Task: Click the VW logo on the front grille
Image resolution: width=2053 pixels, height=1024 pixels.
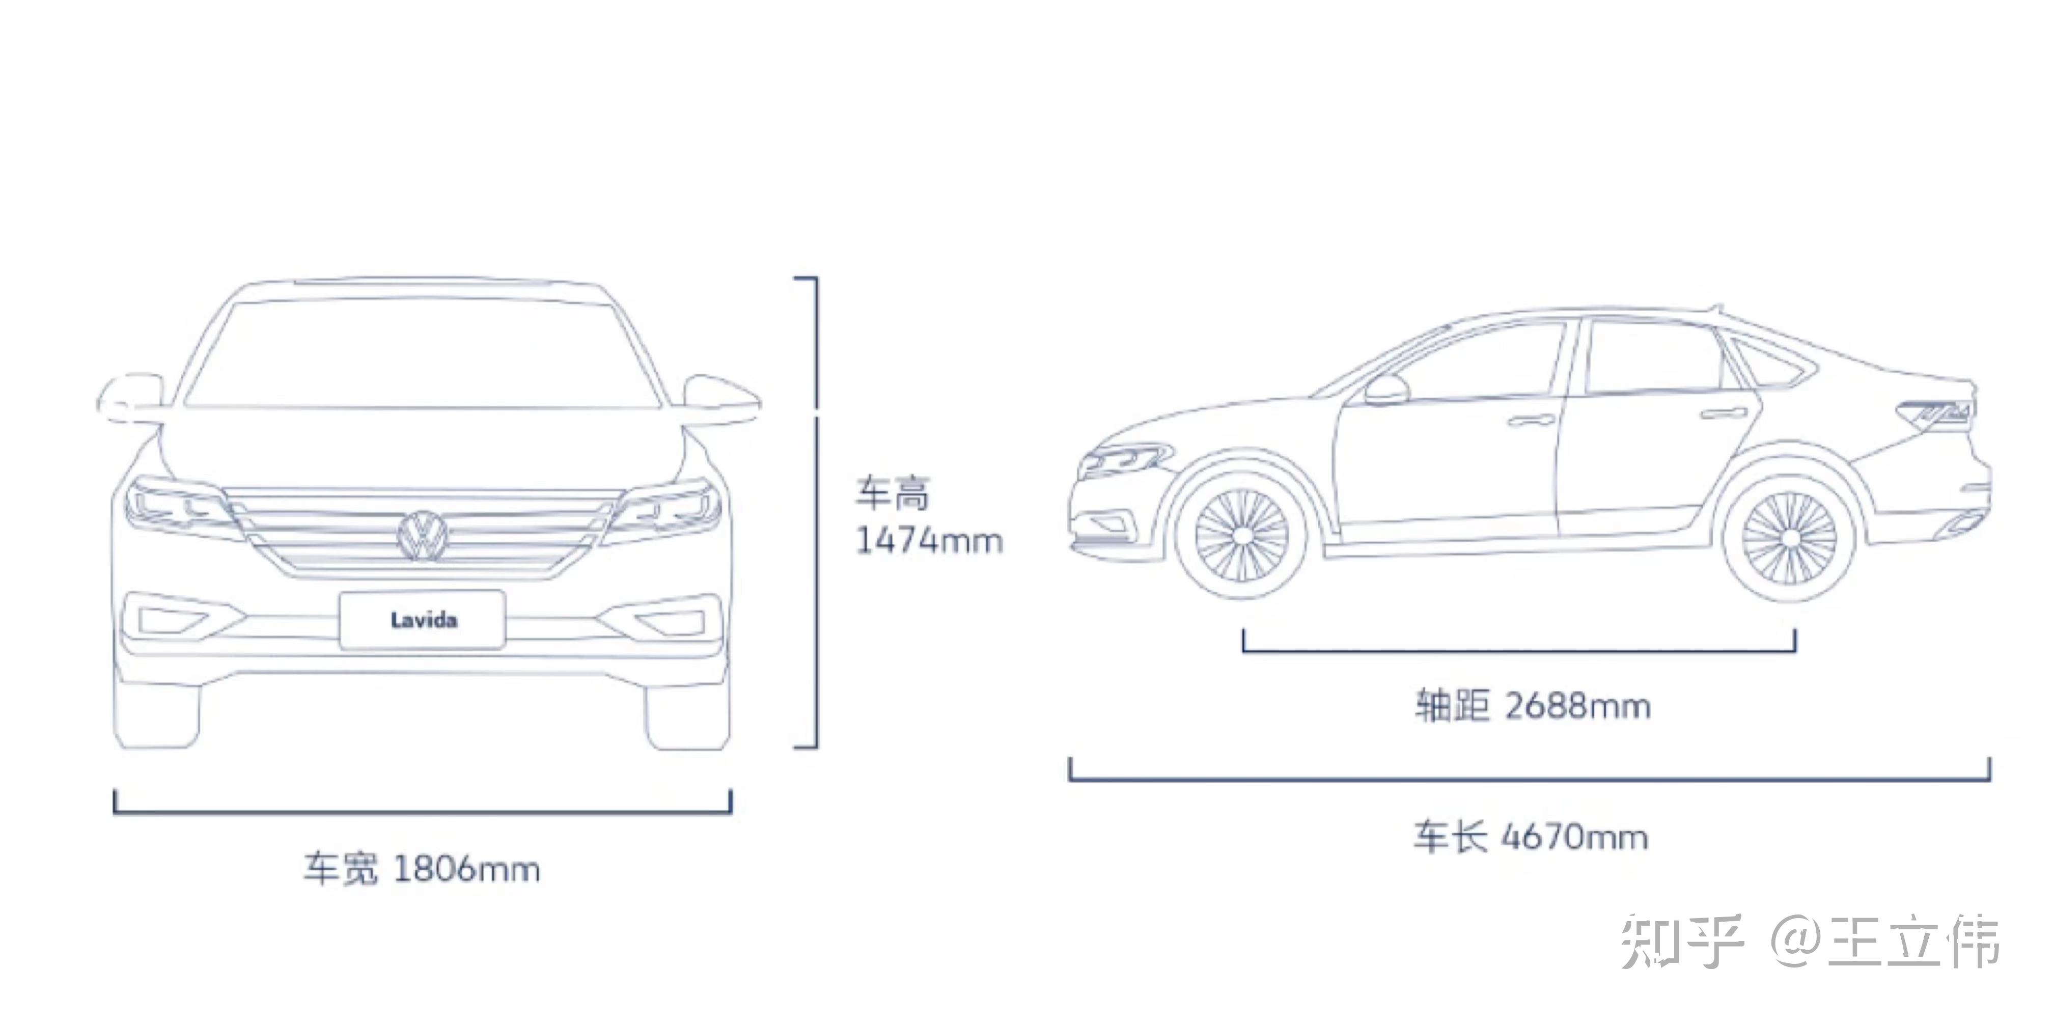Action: [x=423, y=536]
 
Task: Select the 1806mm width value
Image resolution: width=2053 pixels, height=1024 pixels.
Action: [x=467, y=869]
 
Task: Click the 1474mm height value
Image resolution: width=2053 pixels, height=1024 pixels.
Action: [x=928, y=541]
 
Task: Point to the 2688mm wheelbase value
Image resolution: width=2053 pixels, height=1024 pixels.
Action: [x=1577, y=706]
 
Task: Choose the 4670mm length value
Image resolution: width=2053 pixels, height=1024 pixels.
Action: [x=1574, y=837]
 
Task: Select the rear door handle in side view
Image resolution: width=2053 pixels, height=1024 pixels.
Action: [x=1723, y=413]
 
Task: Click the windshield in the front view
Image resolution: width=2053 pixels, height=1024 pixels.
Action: [x=423, y=354]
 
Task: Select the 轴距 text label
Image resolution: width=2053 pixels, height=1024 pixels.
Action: [x=1451, y=706]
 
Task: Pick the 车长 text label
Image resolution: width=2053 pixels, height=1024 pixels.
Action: [x=1450, y=837]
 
